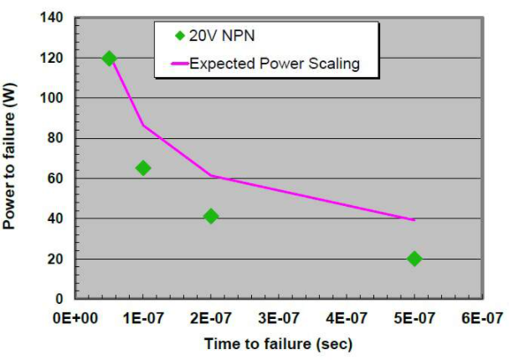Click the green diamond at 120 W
(109, 59)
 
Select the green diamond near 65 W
(143, 168)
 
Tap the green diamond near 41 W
(211, 216)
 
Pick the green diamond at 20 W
(414, 259)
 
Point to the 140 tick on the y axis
(54, 18)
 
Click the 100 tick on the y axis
(54, 98)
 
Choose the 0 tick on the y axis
(61, 299)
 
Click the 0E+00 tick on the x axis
(76, 318)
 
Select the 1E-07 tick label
(143, 318)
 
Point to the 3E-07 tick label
(279, 318)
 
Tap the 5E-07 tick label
(414, 318)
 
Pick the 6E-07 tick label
(481, 318)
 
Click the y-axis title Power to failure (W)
(12, 158)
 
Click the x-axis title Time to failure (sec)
(278, 344)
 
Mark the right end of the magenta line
(414, 220)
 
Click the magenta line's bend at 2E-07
(211, 176)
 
